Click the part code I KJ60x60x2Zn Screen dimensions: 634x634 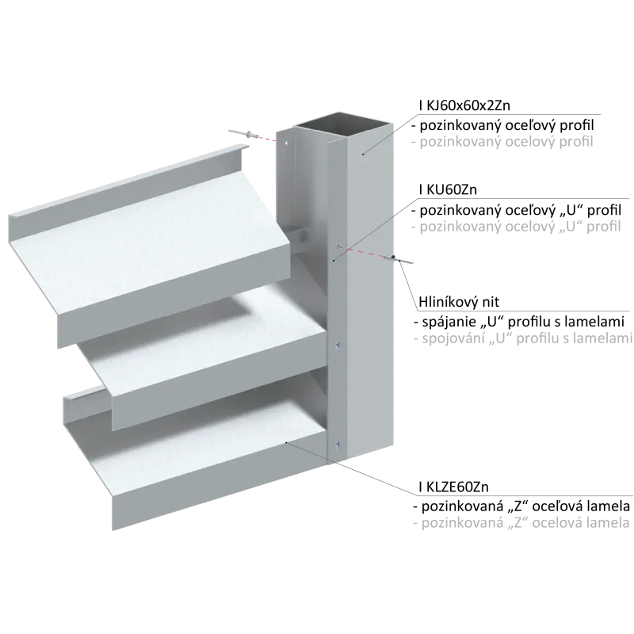coord(464,105)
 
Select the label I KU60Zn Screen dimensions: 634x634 coord(448,189)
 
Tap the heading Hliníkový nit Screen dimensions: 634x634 coord(459,302)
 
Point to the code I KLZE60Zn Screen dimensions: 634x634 coord(453,487)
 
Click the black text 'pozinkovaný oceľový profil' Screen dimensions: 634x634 coord(502,125)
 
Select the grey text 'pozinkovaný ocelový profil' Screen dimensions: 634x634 coord(502,142)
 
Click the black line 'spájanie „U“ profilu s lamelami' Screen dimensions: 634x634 coord(519,322)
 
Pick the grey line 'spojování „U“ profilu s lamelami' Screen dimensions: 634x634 coord(523,338)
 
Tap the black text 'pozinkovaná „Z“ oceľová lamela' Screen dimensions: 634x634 coord(521,506)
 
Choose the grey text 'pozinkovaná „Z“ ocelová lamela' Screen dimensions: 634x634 coord(521,523)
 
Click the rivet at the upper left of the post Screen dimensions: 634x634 coord(244,134)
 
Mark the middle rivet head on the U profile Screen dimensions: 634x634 coord(338,345)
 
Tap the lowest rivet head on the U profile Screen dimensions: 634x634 coord(338,445)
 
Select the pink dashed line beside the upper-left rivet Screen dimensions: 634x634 coord(267,139)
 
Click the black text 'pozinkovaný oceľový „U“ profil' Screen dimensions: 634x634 coord(517,210)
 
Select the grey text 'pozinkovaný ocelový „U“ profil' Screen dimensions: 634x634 coord(516,227)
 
